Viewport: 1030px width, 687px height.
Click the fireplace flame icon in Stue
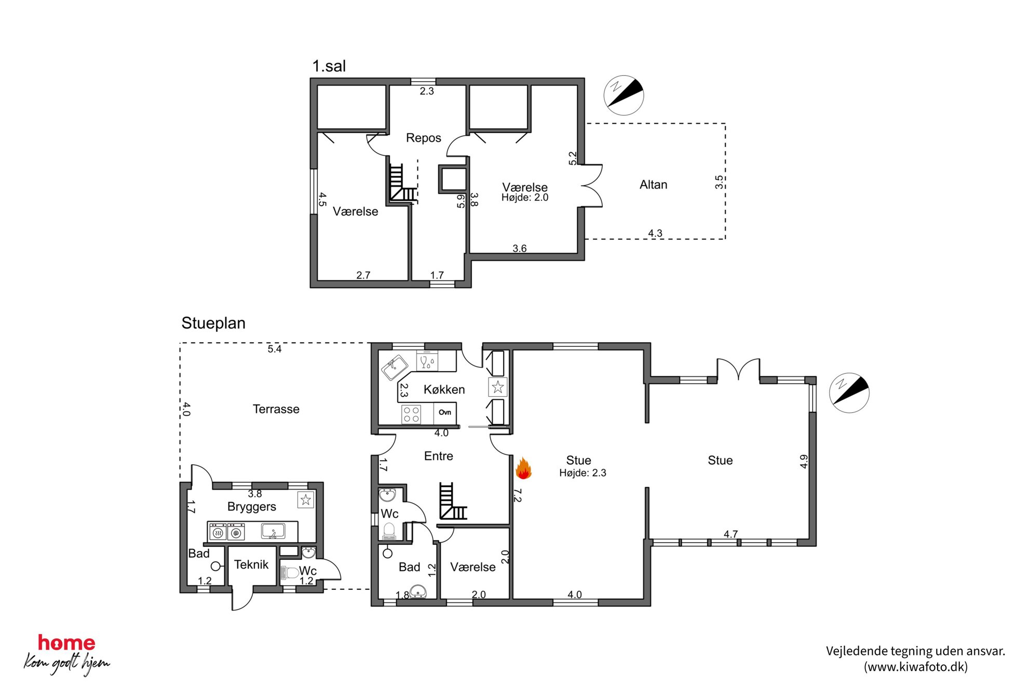click(x=523, y=468)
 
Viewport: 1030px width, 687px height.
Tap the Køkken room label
click(x=444, y=389)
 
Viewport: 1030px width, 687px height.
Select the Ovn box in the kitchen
click(x=445, y=413)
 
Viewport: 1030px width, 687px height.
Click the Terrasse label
click(x=276, y=409)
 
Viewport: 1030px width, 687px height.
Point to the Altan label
click(x=653, y=185)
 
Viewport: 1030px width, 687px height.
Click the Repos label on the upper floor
click(x=423, y=138)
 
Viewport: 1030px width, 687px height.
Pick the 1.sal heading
click(x=329, y=66)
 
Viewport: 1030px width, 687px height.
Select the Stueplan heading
click(x=213, y=323)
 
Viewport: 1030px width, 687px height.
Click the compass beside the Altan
click(x=624, y=95)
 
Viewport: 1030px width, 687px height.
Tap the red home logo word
click(x=66, y=643)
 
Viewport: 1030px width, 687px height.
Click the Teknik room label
click(x=251, y=564)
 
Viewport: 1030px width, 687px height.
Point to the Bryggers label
click(x=252, y=507)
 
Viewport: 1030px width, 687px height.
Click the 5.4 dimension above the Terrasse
click(x=274, y=349)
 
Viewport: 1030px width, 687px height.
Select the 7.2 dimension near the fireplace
click(x=518, y=495)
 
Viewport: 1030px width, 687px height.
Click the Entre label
click(x=439, y=456)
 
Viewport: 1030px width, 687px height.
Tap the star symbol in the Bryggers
click(x=306, y=500)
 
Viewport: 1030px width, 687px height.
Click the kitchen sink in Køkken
click(x=395, y=367)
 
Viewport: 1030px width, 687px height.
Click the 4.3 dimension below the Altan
click(x=655, y=233)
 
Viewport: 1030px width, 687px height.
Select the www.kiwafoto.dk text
click(x=916, y=667)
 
